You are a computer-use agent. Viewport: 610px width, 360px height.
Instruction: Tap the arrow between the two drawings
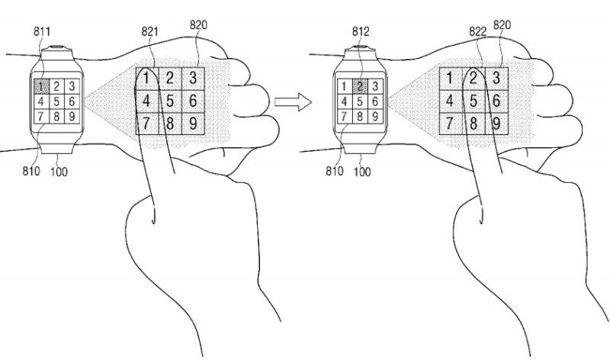pos(294,101)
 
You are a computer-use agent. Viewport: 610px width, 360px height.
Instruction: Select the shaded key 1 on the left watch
pos(41,85)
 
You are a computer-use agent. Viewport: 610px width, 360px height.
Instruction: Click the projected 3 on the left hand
pos(194,76)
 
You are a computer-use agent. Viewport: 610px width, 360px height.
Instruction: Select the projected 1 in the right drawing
pos(451,76)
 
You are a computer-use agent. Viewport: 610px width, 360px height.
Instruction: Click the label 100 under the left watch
pos(58,172)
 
